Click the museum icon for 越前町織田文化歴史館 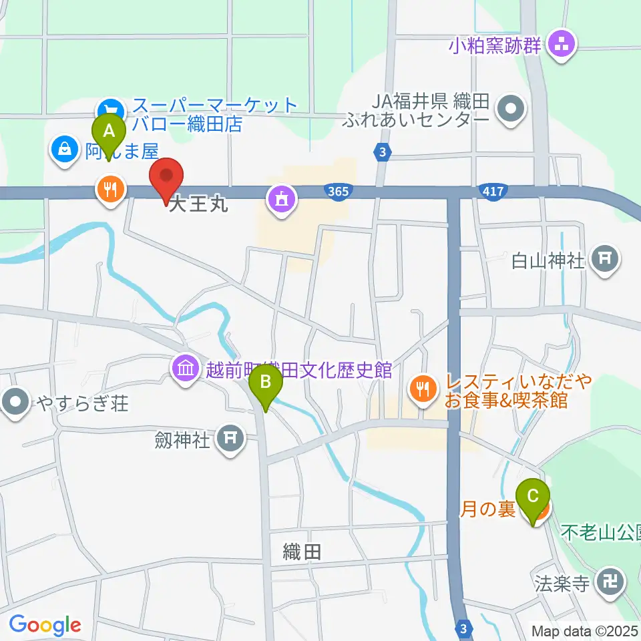[x=184, y=369]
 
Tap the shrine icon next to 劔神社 [x=232, y=439]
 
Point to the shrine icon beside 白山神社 [x=606, y=258]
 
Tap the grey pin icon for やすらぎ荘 [x=15, y=403]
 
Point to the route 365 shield [x=339, y=192]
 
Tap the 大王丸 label [x=198, y=204]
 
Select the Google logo [x=45, y=625]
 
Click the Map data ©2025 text [x=584, y=630]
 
